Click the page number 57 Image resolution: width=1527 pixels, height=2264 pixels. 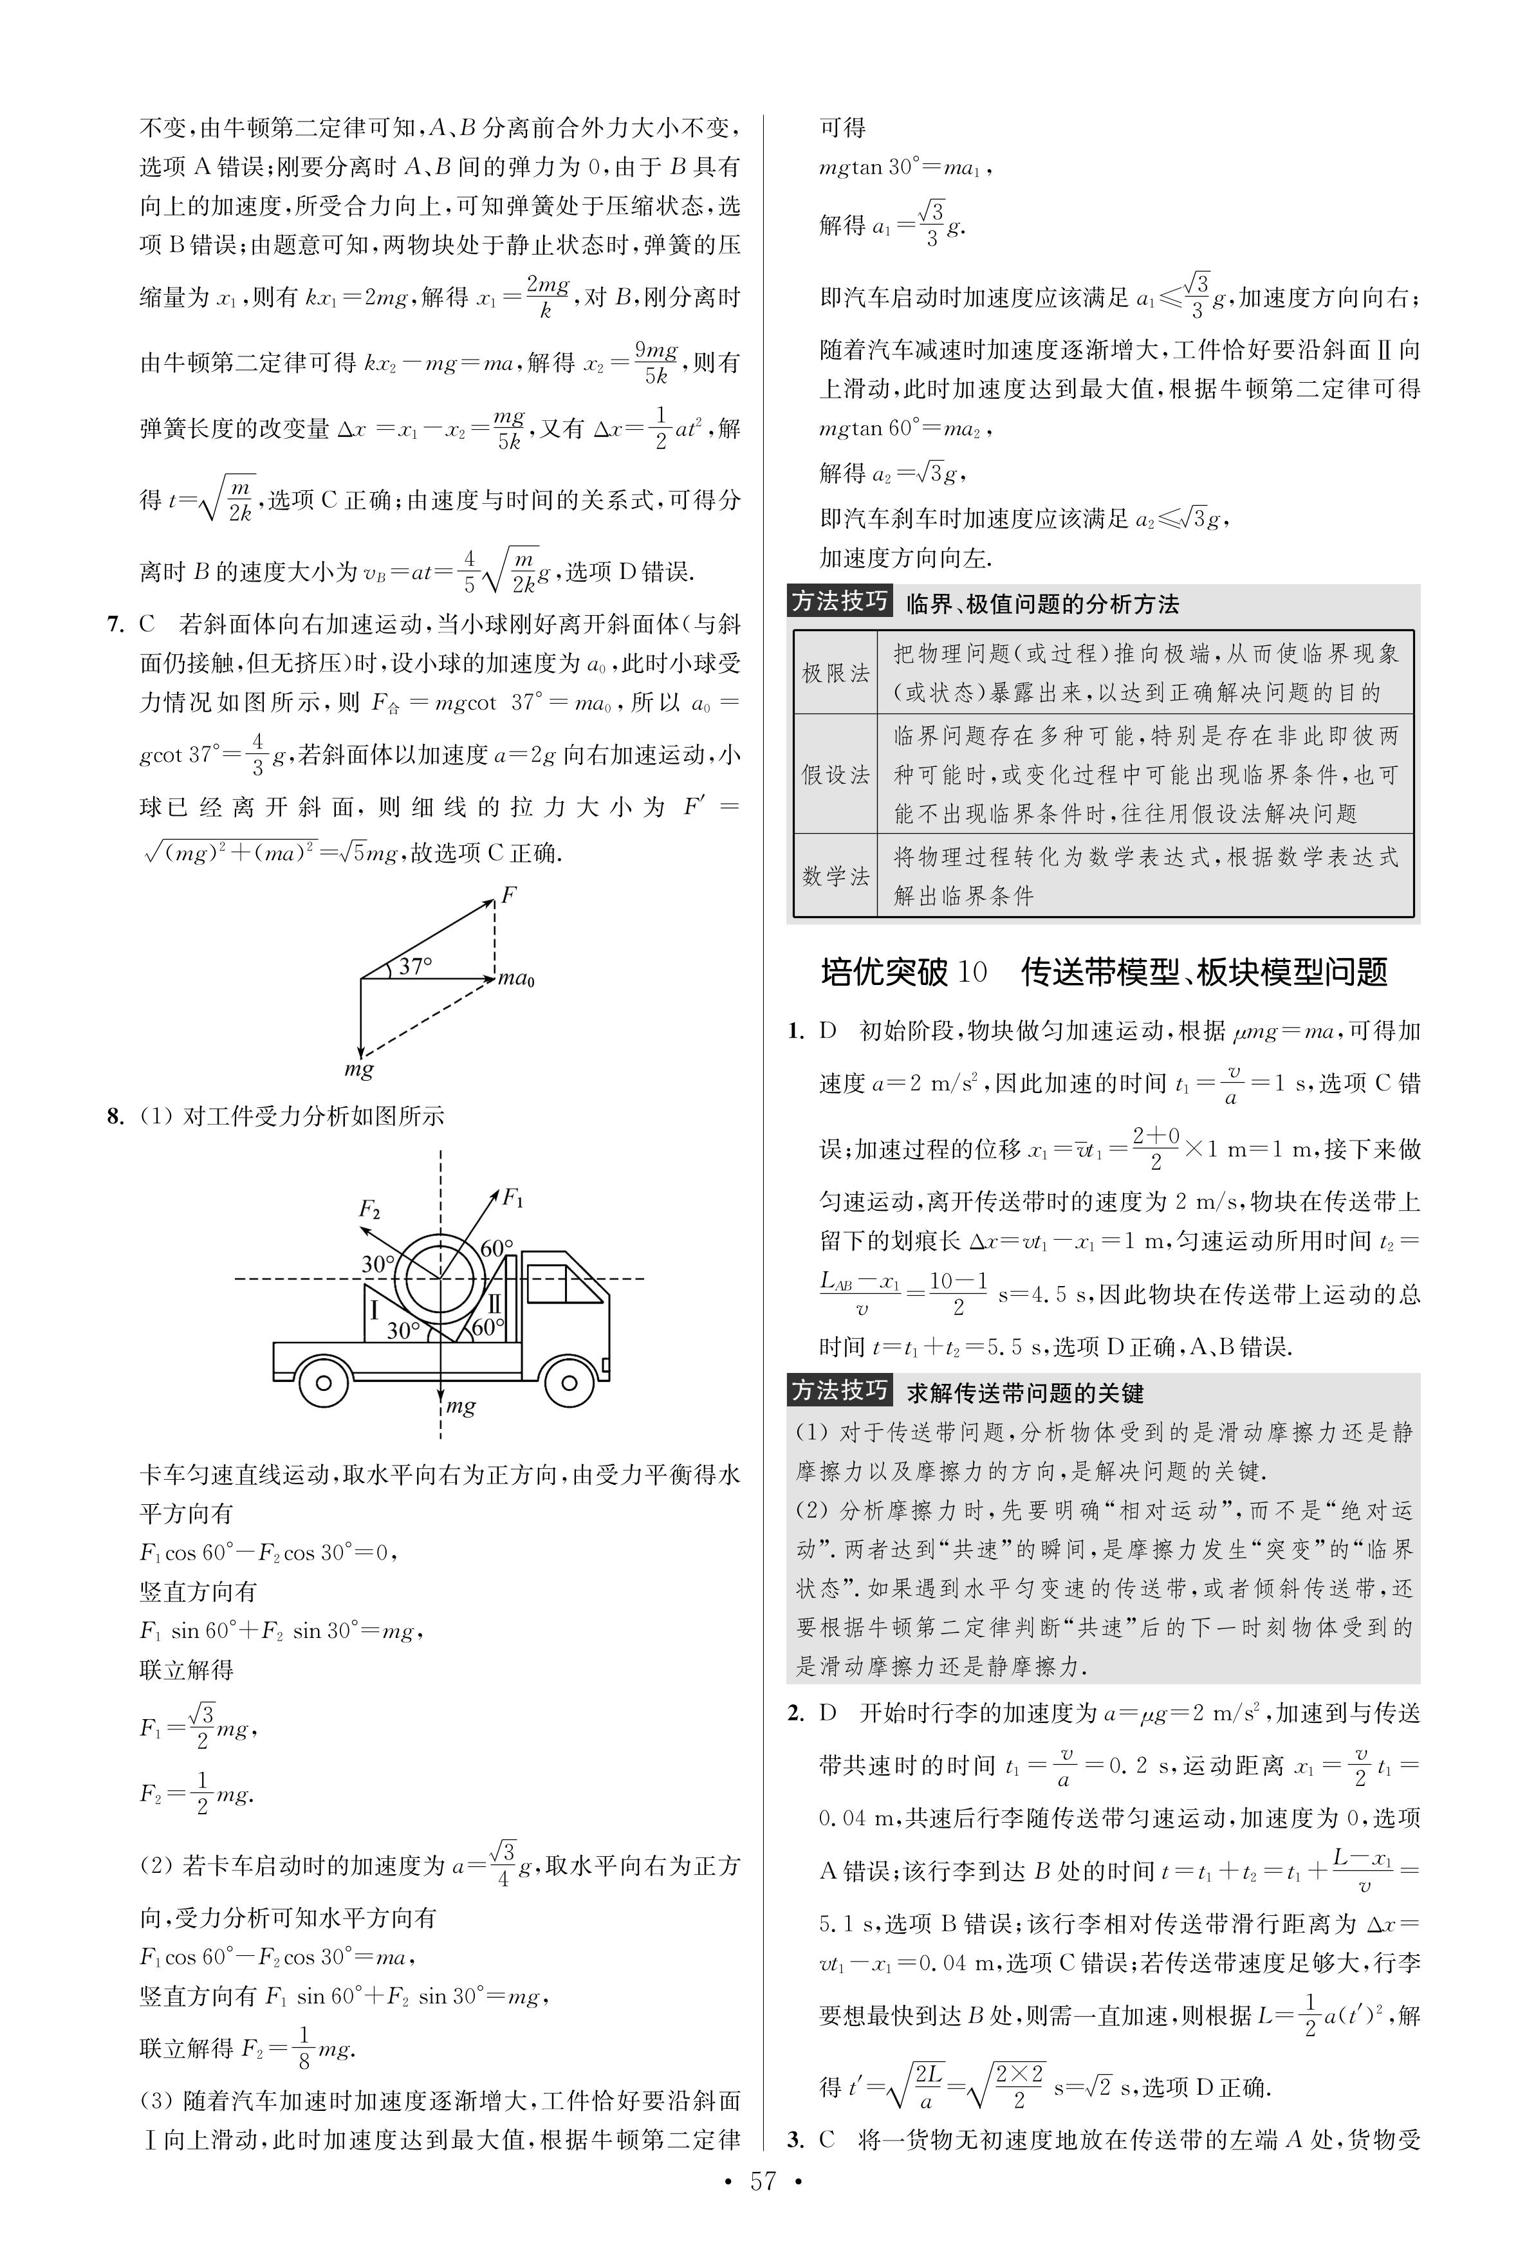click(763, 2209)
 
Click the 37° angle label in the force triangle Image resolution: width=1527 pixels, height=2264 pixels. click(415, 966)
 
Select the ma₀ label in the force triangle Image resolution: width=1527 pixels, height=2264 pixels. click(516, 979)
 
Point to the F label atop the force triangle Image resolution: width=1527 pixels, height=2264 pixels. click(507, 894)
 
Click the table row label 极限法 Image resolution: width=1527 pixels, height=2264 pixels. click(835, 673)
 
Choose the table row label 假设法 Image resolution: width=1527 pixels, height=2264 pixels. click(835, 775)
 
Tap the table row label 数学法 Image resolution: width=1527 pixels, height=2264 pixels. click(835, 876)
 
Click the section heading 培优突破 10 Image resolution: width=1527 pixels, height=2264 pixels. click(903, 972)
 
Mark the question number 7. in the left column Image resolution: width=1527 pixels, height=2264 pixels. click(116, 624)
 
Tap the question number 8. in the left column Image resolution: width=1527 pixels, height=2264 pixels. click(116, 1116)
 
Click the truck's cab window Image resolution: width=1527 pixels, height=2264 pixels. click(546, 1282)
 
